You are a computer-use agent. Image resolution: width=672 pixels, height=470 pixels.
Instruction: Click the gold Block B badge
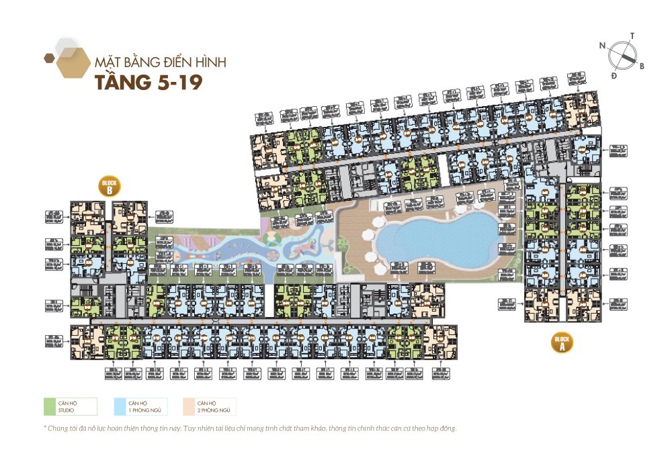point(109,187)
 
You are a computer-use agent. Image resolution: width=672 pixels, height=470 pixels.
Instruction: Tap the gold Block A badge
point(562,342)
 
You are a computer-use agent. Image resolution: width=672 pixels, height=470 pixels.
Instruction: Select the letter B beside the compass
point(642,66)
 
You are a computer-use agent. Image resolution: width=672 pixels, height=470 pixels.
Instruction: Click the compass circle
point(622,55)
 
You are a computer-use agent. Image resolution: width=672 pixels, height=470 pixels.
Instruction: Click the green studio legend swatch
point(49,406)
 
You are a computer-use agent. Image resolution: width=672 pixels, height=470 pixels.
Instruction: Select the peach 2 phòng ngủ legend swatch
point(190,406)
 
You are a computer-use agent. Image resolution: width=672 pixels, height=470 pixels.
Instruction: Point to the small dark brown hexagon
point(48,58)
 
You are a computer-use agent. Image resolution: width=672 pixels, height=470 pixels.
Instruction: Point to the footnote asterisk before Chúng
point(45,428)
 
